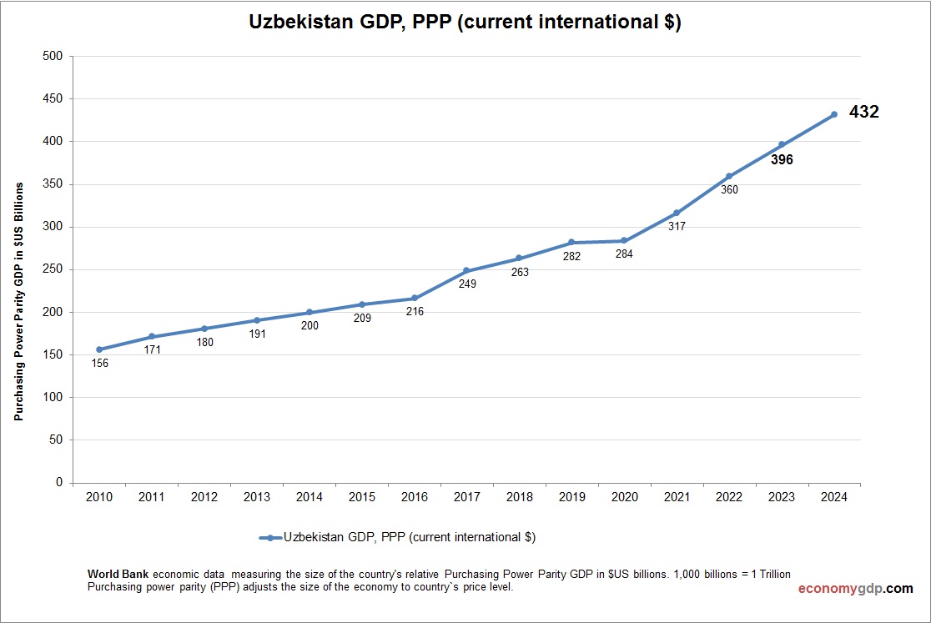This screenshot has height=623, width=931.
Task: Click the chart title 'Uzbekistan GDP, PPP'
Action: click(465, 23)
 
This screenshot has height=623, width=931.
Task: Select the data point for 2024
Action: click(833, 114)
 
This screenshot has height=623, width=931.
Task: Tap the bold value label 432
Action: click(863, 112)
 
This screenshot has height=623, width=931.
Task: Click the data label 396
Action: click(782, 160)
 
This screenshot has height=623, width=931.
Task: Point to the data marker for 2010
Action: click(99, 349)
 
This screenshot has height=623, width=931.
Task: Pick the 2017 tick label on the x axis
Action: click(467, 497)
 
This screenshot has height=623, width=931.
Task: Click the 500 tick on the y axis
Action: click(53, 56)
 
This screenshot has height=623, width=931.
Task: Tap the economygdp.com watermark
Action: click(855, 589)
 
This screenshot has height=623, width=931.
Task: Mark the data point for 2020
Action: click(624, 240)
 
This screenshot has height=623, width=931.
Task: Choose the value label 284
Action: click(624, 254)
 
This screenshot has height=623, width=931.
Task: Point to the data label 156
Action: click(99, 364)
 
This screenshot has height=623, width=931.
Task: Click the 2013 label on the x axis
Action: click(257, 497)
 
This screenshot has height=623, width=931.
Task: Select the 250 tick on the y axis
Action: click(53, 269)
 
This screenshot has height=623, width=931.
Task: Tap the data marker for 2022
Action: click(729, 176)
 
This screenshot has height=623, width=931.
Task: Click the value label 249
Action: click(467, 284)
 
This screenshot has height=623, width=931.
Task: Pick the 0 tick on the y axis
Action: click(58, 482)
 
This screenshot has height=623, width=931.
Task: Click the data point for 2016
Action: click(415, 298)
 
